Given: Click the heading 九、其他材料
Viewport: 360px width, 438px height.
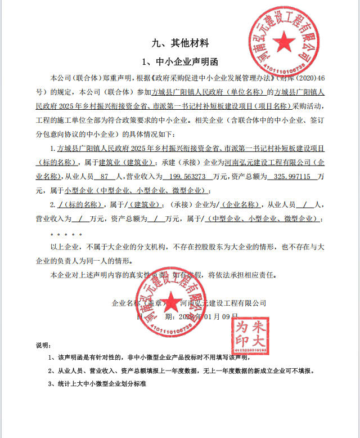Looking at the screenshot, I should [x=180, y=43].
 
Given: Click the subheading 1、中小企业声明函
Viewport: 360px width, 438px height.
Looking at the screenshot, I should [x=180, y=61].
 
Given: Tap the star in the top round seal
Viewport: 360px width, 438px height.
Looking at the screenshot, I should [x=285, y=41].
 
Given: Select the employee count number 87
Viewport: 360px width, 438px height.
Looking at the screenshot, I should [x=103, y=177].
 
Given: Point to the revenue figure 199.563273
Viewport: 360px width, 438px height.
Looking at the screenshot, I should [x=170, y=177].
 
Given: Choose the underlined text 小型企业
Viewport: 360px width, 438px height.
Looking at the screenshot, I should [x=79, y=190].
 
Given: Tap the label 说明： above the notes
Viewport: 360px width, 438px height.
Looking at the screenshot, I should [x=43, y=345].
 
